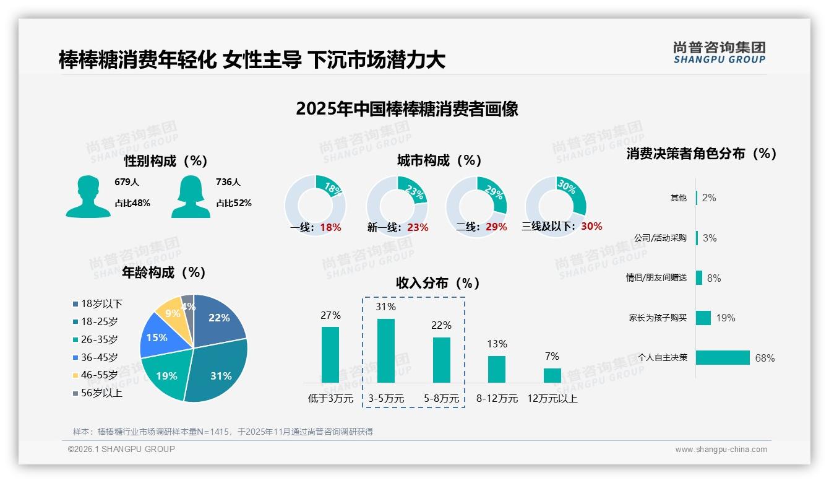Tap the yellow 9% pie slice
click(x=168, y=313)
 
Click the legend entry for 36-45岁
click(x=95, y=357)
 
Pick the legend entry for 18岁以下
click(x=98, y=303)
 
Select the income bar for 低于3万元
click(x=330, y=354)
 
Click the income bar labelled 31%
click(x=386, y=350)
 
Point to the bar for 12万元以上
click(x=552, y=375)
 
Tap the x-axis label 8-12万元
click(x=497, y=398)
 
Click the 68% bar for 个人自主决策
click(x=723, y=357)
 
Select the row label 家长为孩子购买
click(x=658, y=318)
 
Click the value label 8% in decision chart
click(x=714, y=278)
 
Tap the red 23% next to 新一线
click(x=418, y=227)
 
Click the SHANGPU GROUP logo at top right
click(x=719, y=53)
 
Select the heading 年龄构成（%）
click(x=163, y=272)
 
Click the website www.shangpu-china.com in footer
click(x=721, y=450)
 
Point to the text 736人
click(x=228, y=182)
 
